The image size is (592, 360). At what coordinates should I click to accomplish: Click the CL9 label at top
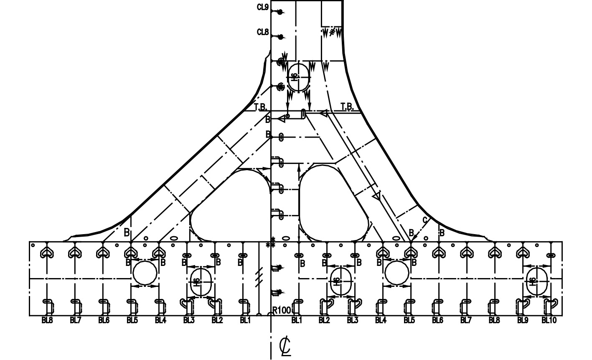pos(263,7)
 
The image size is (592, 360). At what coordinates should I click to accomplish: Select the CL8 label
pos(263,32)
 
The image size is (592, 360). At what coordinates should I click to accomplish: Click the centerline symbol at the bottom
pos(285,346)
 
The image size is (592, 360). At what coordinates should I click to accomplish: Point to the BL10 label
pos(549,321)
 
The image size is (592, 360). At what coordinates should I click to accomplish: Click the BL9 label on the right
pos(523,321)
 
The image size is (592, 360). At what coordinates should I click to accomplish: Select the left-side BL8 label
pos(47,321)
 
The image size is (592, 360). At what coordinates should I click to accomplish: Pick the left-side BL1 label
pos(245,321)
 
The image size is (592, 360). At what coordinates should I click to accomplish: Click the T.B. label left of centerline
pos(261,107)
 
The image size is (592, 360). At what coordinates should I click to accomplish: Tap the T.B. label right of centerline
pos(347,107)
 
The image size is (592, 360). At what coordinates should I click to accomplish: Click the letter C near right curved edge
pos(425,220)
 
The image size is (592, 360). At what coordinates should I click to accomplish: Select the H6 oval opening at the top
pos(298,77)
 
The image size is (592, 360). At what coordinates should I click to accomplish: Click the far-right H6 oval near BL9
pos(536,281)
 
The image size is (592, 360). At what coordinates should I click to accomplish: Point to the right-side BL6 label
pos(437,321)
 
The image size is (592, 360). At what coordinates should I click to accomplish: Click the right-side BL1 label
pos(297,321)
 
